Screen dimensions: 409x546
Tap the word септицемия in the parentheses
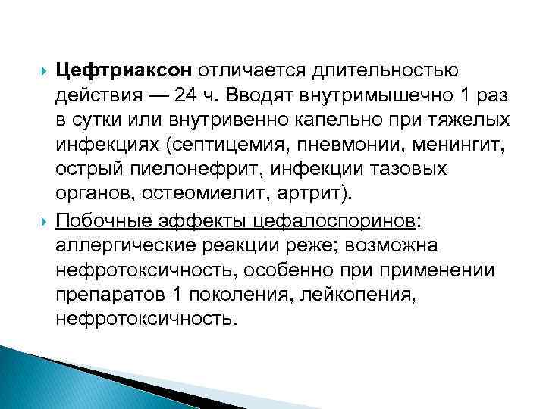[x=231, y=147]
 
